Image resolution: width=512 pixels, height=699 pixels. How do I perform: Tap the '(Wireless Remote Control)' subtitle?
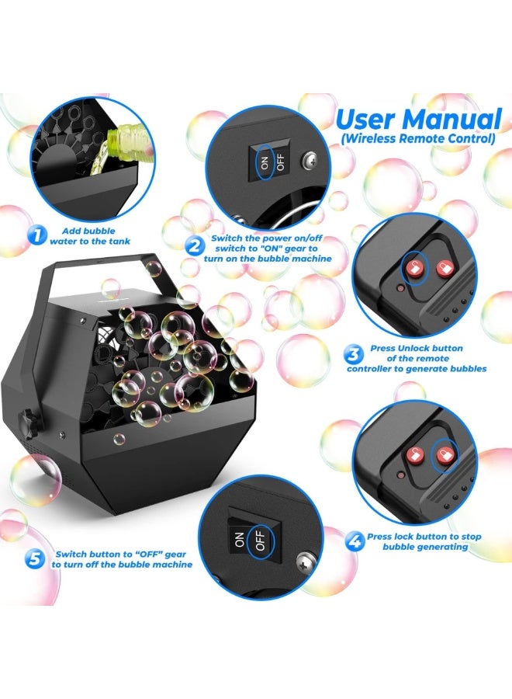tap(418, 139)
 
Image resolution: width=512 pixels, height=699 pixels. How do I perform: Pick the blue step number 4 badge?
tap(355, 540)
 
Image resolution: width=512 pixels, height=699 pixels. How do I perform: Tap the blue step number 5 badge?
tap(34, 559)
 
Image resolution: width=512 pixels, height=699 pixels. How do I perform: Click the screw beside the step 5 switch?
tap(305, 558)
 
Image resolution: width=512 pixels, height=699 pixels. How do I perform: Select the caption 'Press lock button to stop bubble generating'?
tap(424, 541)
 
